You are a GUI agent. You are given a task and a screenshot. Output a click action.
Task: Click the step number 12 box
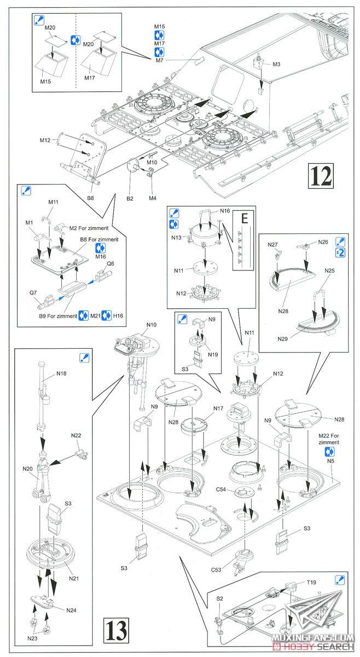click(x=322, y=176)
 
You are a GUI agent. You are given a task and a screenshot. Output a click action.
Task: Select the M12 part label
click(x=45, y=141)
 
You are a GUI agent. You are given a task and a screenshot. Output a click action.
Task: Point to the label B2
click(x=130, y=198)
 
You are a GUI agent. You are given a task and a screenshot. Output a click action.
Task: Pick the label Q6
click(x=111, y=263)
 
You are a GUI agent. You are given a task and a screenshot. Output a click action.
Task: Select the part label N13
click(x=176, y=238)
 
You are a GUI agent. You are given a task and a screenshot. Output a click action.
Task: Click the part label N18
click(x=61, y=374)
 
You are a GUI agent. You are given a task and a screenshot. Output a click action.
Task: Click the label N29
click(x=282, y=338)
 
